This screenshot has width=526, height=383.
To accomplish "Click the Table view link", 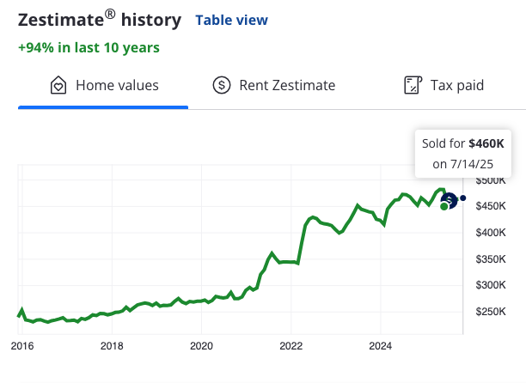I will click(x=232, y=20).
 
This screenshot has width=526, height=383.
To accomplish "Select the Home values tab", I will click(x=117, y=85).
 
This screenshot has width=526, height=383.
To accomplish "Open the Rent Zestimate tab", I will click(x=286, y=85).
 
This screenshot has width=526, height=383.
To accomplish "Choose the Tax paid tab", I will click(x=457, y=85).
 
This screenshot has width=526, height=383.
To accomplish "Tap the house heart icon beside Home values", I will click(x=58, y=85).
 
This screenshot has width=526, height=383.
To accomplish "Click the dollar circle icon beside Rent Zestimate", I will click(x=222, y=85).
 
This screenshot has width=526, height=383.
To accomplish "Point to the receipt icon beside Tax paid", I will click(x=413, y=85).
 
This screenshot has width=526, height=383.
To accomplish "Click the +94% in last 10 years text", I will click(x=89, y=47).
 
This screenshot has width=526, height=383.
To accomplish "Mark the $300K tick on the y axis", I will click(x=492, y=285).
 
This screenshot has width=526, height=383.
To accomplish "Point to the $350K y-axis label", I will click(x=492, y=258).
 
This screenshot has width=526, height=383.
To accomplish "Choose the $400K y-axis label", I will click(x=492, y=233).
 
